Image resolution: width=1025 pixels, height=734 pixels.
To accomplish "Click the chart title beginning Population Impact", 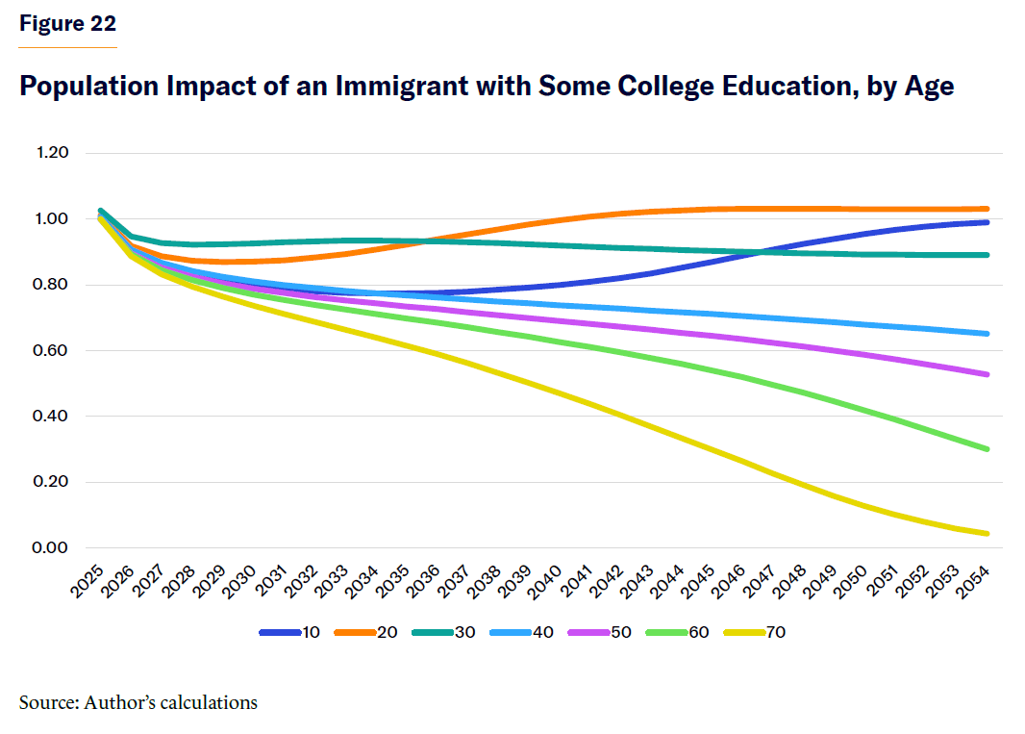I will [487, 87].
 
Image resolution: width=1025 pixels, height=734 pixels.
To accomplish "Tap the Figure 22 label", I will [67, 24].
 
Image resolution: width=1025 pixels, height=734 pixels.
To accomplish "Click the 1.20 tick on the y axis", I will [53, 153].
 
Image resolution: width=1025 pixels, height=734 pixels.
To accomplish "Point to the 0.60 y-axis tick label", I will [53, 350].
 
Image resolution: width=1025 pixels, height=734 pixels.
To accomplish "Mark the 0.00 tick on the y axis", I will [53, 547].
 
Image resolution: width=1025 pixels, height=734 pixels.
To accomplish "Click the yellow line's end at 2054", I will [987, 533].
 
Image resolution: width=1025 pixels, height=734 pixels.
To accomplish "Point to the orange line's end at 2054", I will [987, 209].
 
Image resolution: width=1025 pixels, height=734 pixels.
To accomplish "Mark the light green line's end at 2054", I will [987, 449].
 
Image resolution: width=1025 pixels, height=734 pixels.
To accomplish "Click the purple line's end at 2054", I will [987, 374].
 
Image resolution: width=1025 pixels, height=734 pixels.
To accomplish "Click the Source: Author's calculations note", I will [138, 702].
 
